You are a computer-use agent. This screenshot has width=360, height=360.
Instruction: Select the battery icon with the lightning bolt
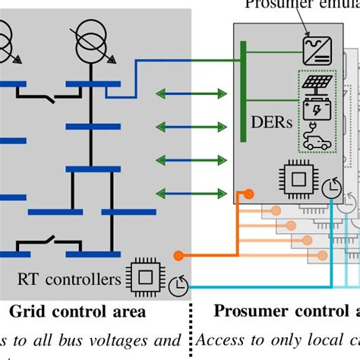tap(313, 112)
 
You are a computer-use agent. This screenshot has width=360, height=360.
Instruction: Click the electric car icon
tap(313, 141)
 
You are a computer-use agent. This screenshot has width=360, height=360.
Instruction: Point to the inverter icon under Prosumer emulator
tap(314, 51)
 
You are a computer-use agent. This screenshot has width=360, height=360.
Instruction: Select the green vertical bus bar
tap(242, 91)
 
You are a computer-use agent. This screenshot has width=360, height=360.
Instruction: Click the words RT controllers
tap(70, 279)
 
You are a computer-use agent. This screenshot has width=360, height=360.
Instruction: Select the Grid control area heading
tap(78, 311)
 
